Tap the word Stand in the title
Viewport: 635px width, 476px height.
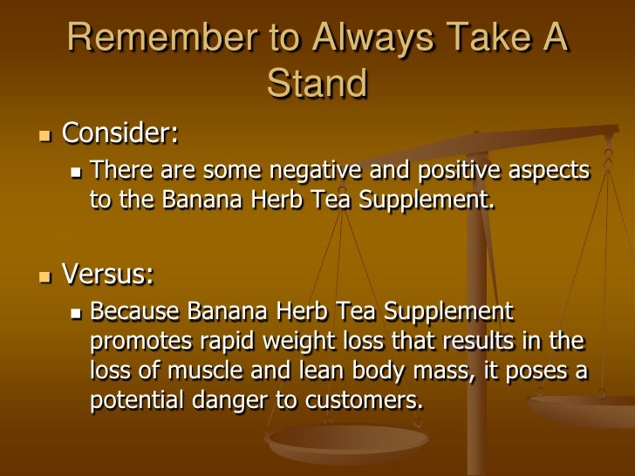317,85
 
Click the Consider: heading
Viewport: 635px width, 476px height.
120,134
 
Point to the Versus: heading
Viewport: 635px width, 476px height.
108,275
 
